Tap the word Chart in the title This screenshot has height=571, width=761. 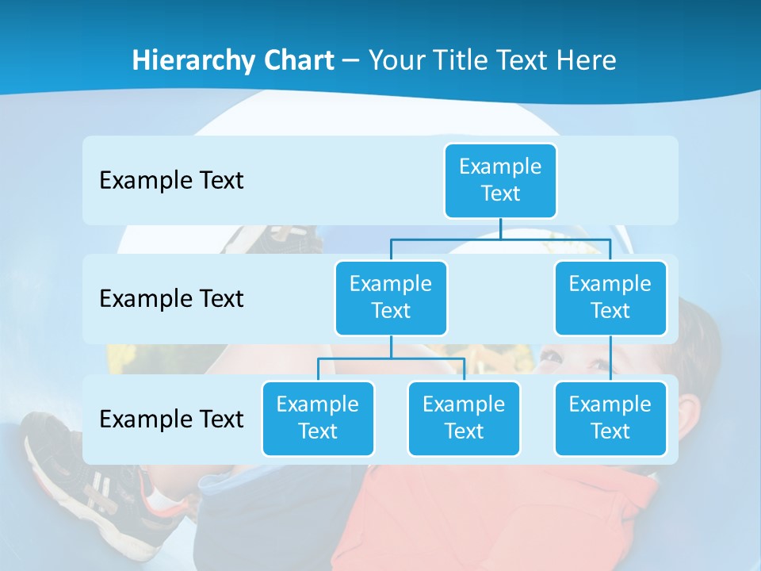298,60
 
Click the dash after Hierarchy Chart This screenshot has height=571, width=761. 351,61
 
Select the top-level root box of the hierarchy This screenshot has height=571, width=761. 500,180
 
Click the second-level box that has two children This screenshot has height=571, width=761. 391,297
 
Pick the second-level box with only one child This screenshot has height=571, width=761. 610,297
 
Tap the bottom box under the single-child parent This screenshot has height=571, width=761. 610,418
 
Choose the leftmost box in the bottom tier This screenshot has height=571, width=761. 318,418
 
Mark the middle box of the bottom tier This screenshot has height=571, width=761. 464,418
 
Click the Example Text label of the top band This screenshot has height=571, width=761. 171,180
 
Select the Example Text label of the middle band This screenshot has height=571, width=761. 171,298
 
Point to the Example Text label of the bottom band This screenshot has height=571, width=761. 171,419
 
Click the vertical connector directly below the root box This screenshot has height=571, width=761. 500,228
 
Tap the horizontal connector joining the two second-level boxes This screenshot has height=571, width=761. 500,239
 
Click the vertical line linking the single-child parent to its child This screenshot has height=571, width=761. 610,358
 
